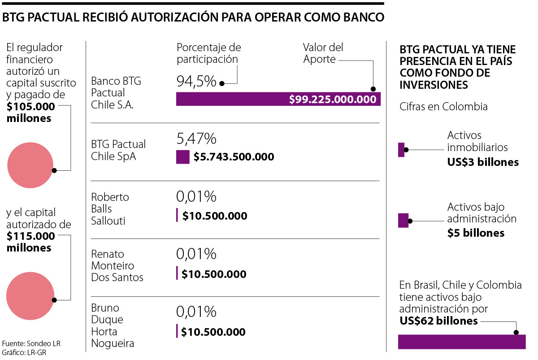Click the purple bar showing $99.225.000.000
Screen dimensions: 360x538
278,99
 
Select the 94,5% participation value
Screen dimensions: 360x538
196,81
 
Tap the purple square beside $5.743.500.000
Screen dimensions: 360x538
182,157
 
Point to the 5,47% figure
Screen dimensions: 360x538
196,139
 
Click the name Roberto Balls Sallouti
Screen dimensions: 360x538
110,209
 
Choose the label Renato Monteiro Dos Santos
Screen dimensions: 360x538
117,266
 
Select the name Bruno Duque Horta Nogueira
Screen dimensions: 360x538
113,326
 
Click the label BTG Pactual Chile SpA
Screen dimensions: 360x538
118,151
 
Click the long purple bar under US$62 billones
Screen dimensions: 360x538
462,342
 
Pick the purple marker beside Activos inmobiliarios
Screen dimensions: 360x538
401,150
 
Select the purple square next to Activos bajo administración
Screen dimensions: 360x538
403,221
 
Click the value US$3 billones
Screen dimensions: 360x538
483,162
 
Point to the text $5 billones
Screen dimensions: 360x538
476,233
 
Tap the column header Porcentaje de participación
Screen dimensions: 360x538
208,53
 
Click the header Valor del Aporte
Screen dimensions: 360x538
323,53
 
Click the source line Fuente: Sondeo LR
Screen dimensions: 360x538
31,343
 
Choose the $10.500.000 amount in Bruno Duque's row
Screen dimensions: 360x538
213,332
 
